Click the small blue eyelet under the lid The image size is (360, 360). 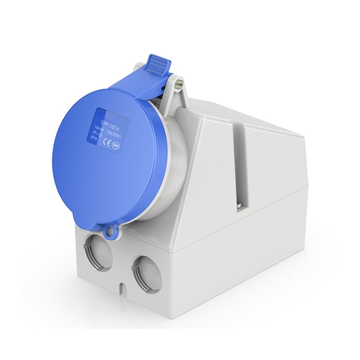109,231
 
